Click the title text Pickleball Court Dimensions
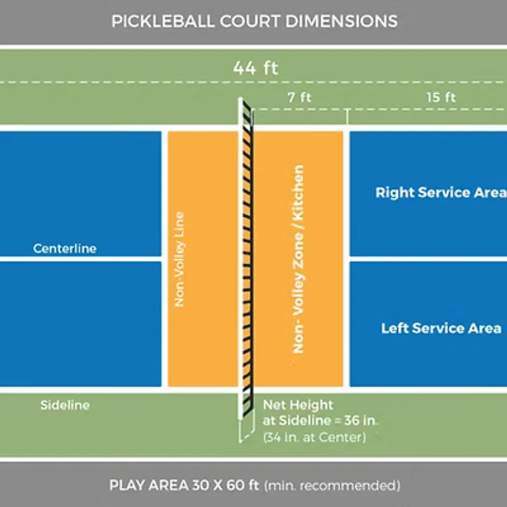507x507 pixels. coord(254,20)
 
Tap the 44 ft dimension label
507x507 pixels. coord(256,68)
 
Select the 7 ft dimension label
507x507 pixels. coord(300,98)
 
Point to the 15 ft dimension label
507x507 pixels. coord(441,98)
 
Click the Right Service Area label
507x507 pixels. coord(440,192)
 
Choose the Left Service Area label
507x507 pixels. coord(442,328)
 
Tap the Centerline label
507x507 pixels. coord(65,249)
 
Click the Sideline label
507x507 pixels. coord(65,405)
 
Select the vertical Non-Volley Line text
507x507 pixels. coord(180,259)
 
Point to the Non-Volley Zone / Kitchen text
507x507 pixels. coord(299,259)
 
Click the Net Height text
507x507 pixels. coord(298,406)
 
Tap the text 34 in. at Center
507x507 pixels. coord(314,437)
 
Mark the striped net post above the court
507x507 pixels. coord(246,113)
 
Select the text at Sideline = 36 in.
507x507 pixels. coord(320,421)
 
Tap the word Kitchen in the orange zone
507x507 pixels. coord(299,194)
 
